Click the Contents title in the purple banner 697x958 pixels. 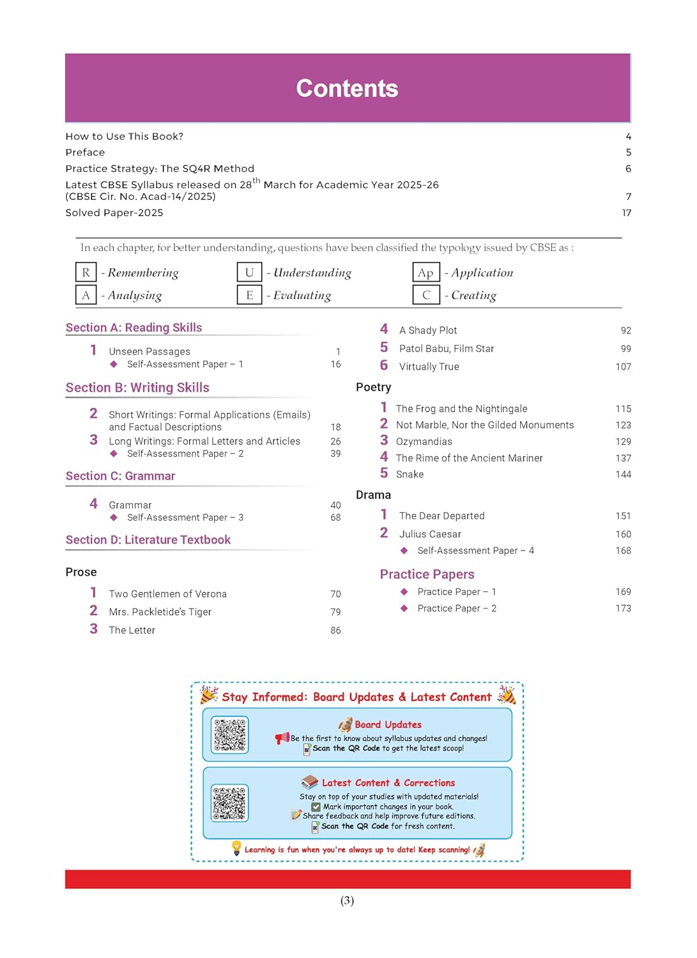(347, 89)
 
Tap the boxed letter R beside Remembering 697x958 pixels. (86, 273)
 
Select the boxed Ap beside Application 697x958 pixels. (425, 273)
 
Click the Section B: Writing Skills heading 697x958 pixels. (137, 388)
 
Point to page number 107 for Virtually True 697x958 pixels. (623, 367)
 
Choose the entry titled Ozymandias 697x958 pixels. (424, 442)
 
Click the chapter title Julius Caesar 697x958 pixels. (430, 534)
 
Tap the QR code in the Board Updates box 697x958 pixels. (230, 735)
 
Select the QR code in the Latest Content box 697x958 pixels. (230, 803)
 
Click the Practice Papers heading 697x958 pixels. (427, 574)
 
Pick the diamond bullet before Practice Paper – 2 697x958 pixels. (404, 609)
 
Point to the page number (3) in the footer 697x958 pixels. (347, 901)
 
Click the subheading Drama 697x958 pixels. (373, 495)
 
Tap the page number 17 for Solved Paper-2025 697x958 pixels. (627, 213)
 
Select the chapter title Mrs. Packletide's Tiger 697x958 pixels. (160, 612)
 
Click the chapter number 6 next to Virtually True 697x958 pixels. (384, 365)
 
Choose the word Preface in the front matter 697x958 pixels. (85, 153)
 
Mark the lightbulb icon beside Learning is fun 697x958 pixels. (236, 848)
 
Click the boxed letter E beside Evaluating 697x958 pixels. (250, 295)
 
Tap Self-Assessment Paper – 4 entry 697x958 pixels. (475, 551)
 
